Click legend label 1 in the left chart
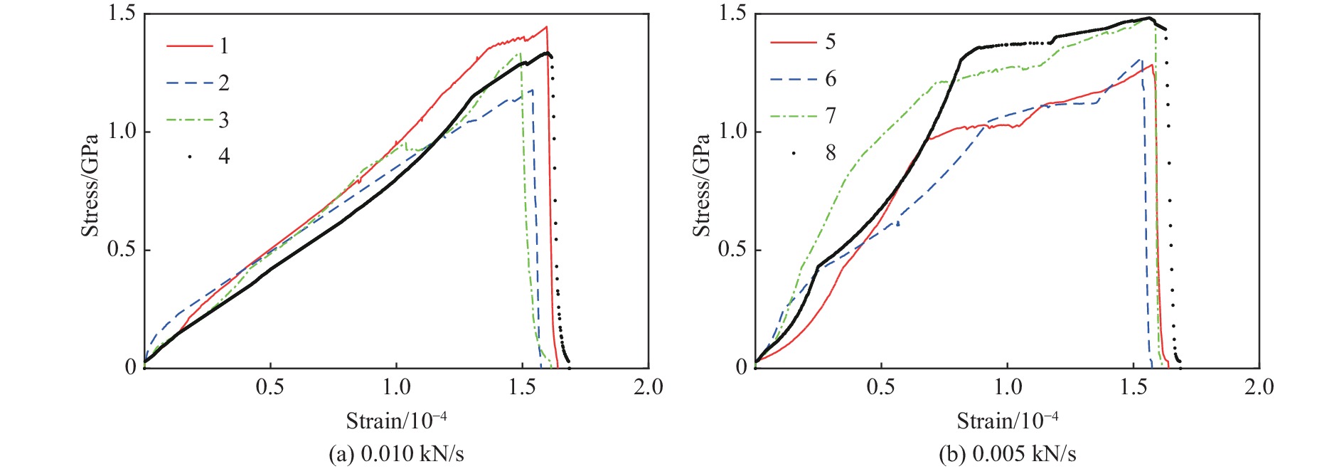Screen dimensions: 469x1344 pyautogui.click(x=224, y=46)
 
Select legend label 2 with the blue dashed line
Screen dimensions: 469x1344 pyautogui.click(x=224, y=83)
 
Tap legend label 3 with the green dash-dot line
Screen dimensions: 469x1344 pyautogui.click(x=224, y=120)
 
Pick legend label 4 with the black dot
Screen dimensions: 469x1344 pyautogui.click(x=224, y=157)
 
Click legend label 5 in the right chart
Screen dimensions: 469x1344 pyautogui.click(x=831, y=42)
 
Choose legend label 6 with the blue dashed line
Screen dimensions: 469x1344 pyautogui.click(x=831, y=79)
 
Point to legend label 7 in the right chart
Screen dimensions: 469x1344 pyautogui.click(x=831, y=116)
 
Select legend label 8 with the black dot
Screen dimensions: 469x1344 pyautogui.click(x=831, y=153)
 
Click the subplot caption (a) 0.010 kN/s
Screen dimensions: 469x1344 pyautogui.click(x=396, y=454)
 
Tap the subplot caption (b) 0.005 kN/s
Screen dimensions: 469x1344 pyautogui.click(x=1007, y=454)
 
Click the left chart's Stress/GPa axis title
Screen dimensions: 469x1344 pyautogui.click(x=90, y=185)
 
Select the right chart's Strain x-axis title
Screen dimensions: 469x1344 pyautogui.click(x=1007, y=421)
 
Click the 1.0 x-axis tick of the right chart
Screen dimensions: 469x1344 pyautogui.click(x=1007, y=387)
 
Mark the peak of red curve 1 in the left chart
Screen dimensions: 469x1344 pyautogui.click(x=546, y=27)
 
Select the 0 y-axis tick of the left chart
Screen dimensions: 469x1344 pyautogui.click(x=130, y=367)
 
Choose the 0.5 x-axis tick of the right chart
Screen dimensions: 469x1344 pyautogui.click(x=880, y=387)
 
